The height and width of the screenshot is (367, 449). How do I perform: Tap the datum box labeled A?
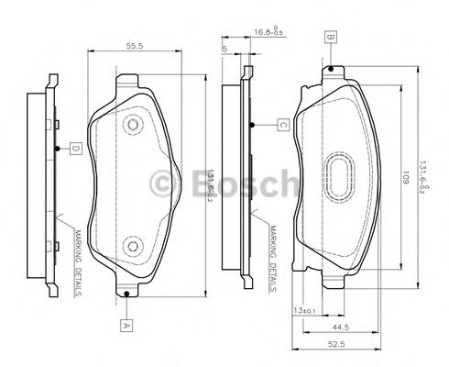[125, 324]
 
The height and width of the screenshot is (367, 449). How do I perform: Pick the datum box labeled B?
[329, 38]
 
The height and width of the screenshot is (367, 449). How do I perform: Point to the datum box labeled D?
[78, 147]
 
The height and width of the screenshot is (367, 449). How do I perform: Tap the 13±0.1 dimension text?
[304, 311]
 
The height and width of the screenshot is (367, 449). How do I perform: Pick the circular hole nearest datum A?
[131, 247]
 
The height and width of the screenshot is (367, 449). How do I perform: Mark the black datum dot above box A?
[125, 295]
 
